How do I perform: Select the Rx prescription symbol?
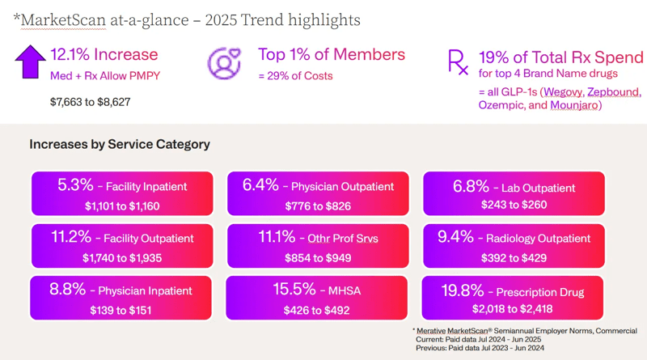pos(457,61)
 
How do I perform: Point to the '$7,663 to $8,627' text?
pos(90,102)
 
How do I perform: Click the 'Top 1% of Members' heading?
pos(331,55)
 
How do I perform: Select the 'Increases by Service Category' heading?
pos(120,144)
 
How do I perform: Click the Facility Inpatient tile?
pos(122,195)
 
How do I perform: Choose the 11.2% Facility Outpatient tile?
pos(122,247)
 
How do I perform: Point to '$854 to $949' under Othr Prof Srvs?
pos(318,257)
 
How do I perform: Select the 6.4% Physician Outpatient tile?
pos(318,195)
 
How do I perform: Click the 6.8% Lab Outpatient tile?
pos(514,195)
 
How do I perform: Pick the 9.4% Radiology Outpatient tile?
pos(514,247)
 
